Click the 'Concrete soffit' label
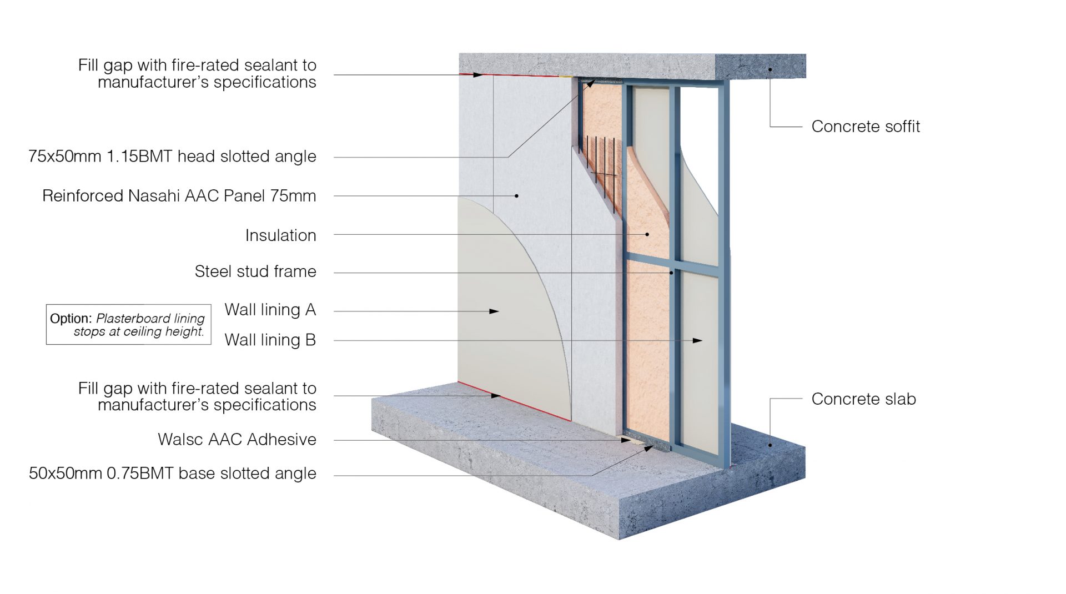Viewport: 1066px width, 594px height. pyautogui.click(x=865, y=127)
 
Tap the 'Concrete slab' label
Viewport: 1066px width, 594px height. pyautogui.click(x=863, y=399)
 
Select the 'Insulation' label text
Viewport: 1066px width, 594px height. pyautogui.click(x=280, y=235)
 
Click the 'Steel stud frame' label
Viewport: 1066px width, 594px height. pyautogui.click(x=255, y=271)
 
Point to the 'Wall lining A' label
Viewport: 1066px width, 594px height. pyautogui.click(x=270, y=310)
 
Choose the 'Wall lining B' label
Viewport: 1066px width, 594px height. pyautogui.click(x=270, y=340)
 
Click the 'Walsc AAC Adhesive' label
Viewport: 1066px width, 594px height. pyautogui.click(x=237, y=440)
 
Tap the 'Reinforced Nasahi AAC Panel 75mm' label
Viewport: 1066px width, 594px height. pyautogui.click(x=179, y=196)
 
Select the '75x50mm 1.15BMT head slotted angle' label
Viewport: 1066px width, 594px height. pyautogui.click(x=172, y=157)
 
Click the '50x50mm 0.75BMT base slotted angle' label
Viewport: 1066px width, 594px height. pyautogui.click(x=172, y=474)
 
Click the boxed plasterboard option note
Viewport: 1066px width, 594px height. pyautogui.click(x=128, y=325)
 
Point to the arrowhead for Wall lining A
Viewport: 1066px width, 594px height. pyautogui.click(x=494, y=311)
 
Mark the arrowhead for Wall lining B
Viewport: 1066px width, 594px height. pyautogui.click(x=697, y=340)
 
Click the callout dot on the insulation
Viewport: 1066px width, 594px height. pyautogui.click(x=647, y=234)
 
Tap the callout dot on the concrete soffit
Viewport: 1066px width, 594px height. pyautogui.click(x=770, y=69)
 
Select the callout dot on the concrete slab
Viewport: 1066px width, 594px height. pyautogui.click(x=770, y=445)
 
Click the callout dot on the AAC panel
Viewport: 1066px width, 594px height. pyautogui.click(x=516, y=196)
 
